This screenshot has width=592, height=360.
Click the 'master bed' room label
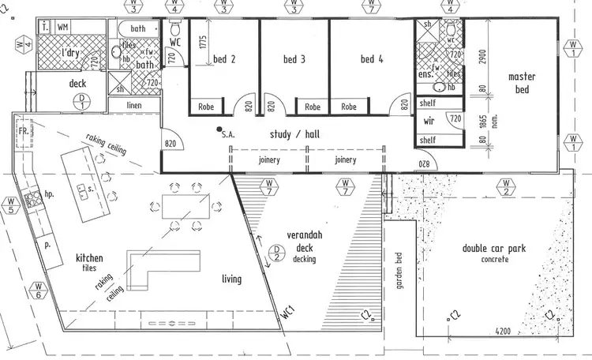click(523, 82)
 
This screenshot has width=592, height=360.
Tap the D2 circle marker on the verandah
click(277, 253)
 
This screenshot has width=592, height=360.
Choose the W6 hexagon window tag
click(38, 291)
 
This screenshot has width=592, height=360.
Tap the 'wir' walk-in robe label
click(429, 122)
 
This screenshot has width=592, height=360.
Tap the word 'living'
click(230, 279)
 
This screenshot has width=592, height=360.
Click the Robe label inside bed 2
click(206, 107)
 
